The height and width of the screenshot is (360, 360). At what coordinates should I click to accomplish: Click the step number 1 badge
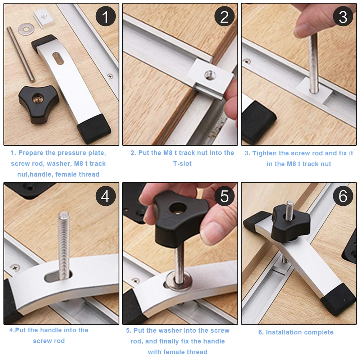click(105, 17)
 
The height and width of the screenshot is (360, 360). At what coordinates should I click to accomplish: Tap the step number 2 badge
click(224, 17)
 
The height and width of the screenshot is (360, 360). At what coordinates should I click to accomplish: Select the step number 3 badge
click(343, 17)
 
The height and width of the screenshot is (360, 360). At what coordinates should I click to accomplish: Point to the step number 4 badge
click(105, 196)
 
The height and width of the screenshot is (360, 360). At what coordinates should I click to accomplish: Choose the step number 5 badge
click(224, 196)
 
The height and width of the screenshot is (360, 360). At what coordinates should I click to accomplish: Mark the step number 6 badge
click(343, 196)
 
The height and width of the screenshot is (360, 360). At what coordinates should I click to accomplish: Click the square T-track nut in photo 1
click(44, 18)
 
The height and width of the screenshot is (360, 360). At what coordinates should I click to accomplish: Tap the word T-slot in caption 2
click(182, 164)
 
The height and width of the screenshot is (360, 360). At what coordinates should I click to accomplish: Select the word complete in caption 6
click(318, 332)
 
